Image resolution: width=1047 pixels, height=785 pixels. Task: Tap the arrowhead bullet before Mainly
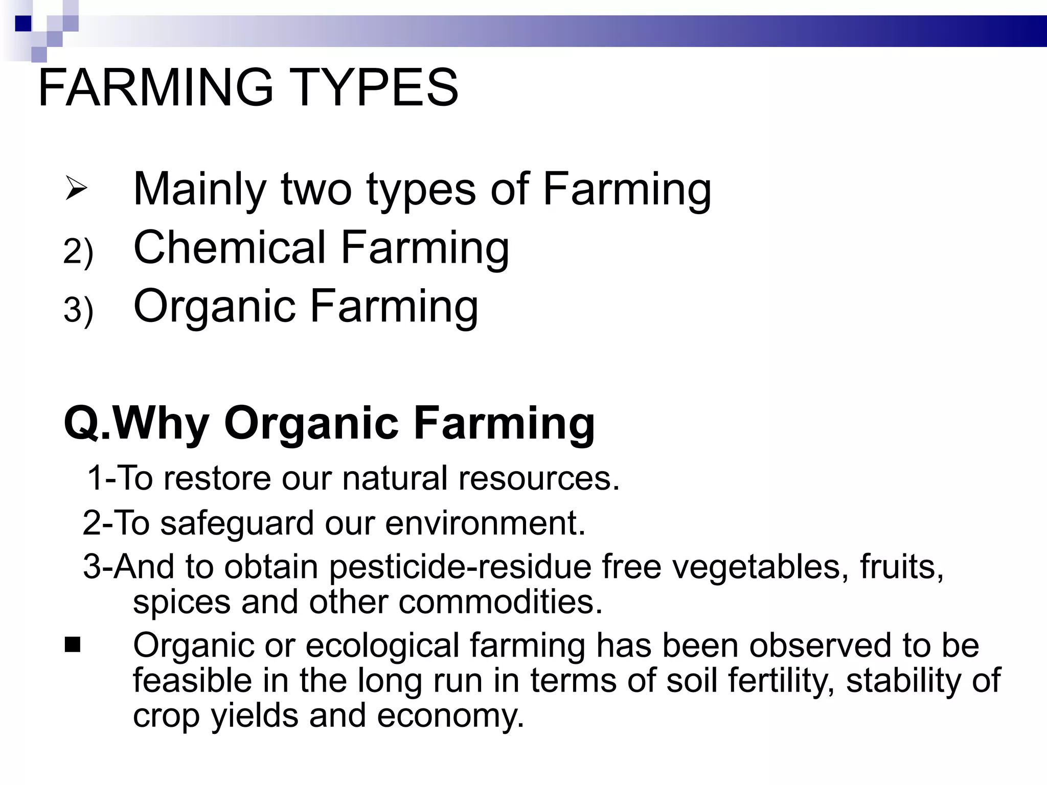click(76, 189)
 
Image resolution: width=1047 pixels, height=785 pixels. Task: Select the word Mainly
click(199, 190)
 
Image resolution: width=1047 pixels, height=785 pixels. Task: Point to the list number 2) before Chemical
click(78, 251)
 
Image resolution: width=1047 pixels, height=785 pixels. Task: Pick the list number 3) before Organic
click(78, 310)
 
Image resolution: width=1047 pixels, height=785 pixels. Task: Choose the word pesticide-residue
click(460, 568)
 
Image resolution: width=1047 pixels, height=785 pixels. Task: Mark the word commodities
click(500, 602)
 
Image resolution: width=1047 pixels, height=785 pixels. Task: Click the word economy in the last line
click(450, 716)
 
